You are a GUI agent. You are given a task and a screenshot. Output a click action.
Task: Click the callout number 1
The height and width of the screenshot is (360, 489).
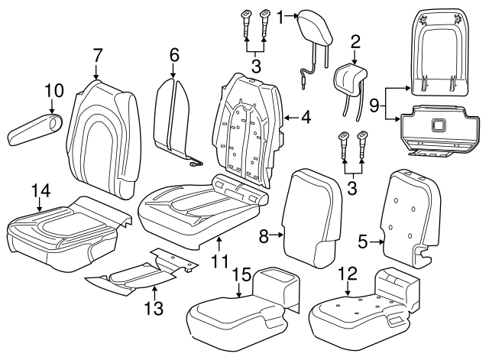(280, 15)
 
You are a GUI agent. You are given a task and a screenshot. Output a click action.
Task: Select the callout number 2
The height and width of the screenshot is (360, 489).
(355, 40)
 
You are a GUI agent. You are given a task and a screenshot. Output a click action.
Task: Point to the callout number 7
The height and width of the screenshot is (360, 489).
(97, 55)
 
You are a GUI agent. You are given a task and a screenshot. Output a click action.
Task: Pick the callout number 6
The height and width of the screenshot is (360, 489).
(173, 55)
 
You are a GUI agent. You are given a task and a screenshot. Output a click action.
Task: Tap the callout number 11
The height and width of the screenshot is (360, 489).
(221, 261)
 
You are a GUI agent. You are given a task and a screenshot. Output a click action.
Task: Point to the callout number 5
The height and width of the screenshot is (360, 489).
(364, 242)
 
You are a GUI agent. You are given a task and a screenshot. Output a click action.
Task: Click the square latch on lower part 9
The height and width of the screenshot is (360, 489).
(439, 125)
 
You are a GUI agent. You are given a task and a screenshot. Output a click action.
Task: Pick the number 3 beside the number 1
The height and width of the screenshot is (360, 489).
(256, 67)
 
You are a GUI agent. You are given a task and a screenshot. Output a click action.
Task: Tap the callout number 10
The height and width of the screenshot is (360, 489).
(52, 91)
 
